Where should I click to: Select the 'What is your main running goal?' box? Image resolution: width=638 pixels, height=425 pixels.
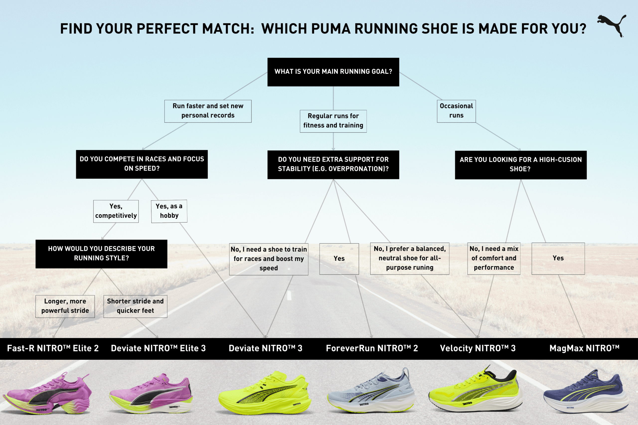click(x=333, y=72)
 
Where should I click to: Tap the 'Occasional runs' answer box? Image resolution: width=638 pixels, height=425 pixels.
click(x=456, y=111)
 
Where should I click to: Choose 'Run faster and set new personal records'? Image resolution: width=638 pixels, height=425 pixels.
click(x=208, y=111)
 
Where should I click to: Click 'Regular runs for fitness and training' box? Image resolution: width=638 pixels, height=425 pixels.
click(x=333, y=121)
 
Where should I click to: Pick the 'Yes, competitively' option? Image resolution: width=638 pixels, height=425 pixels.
click(x=116, y=211)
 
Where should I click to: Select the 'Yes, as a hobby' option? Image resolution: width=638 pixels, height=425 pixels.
click(x=169, y=211)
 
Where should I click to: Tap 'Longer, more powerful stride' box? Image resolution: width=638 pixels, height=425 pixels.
click(x=65, y=306)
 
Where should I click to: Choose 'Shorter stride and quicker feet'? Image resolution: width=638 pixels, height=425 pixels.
click(x=135, y=306)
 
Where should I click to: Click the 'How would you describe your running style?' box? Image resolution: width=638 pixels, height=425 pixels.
click(x=101, y=254)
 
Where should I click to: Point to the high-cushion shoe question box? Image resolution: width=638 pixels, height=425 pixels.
click(x=521, y=165)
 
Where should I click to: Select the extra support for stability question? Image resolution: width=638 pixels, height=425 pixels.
click(x=333, y=165)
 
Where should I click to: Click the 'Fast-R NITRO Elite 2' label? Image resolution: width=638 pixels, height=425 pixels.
click(x=53, y=348)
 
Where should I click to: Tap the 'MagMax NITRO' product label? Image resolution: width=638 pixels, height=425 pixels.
click(x=584, y=348)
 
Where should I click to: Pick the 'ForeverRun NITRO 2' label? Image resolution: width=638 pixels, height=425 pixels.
click(x=372, y=348)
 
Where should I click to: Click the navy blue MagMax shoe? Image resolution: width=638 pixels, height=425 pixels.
click(x=586, y=393)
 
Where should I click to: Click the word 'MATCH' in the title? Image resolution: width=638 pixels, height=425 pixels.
click(x=228, y=29)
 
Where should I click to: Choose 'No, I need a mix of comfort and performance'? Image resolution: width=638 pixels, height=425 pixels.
click(x=494, y=258)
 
